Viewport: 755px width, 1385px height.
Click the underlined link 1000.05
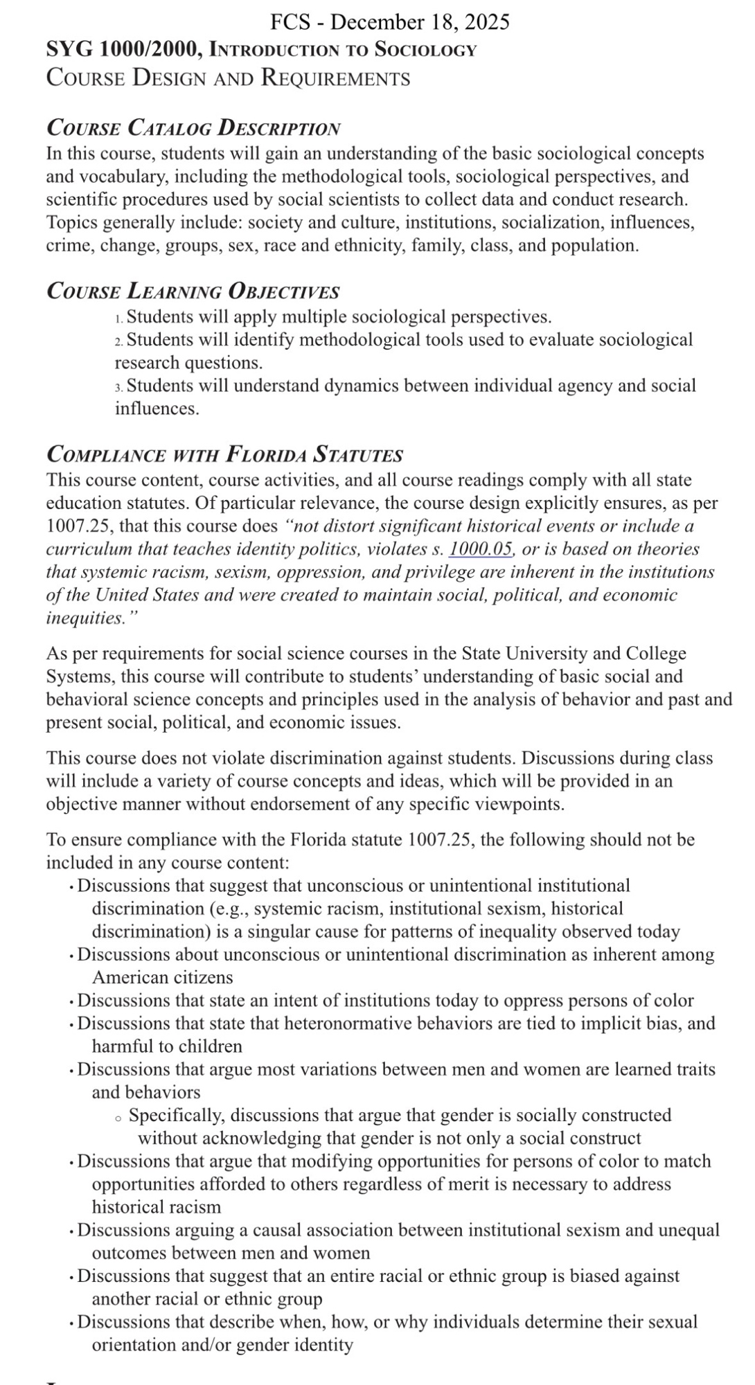tap(481, 549)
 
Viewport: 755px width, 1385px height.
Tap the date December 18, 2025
tap(420, 22)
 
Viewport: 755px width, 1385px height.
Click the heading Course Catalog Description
tap(193, 128)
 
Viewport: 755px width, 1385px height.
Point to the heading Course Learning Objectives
tap(193, 292)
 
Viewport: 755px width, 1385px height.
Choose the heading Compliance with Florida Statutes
tap(224, 455)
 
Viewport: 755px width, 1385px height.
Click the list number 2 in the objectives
tap(118, 341)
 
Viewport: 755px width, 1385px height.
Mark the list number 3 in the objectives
tap(118, 386)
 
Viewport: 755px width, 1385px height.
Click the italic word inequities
tap(82, 618)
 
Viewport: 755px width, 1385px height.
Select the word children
tap(207, 1046)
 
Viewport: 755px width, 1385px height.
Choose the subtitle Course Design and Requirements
tap(228, 77)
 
